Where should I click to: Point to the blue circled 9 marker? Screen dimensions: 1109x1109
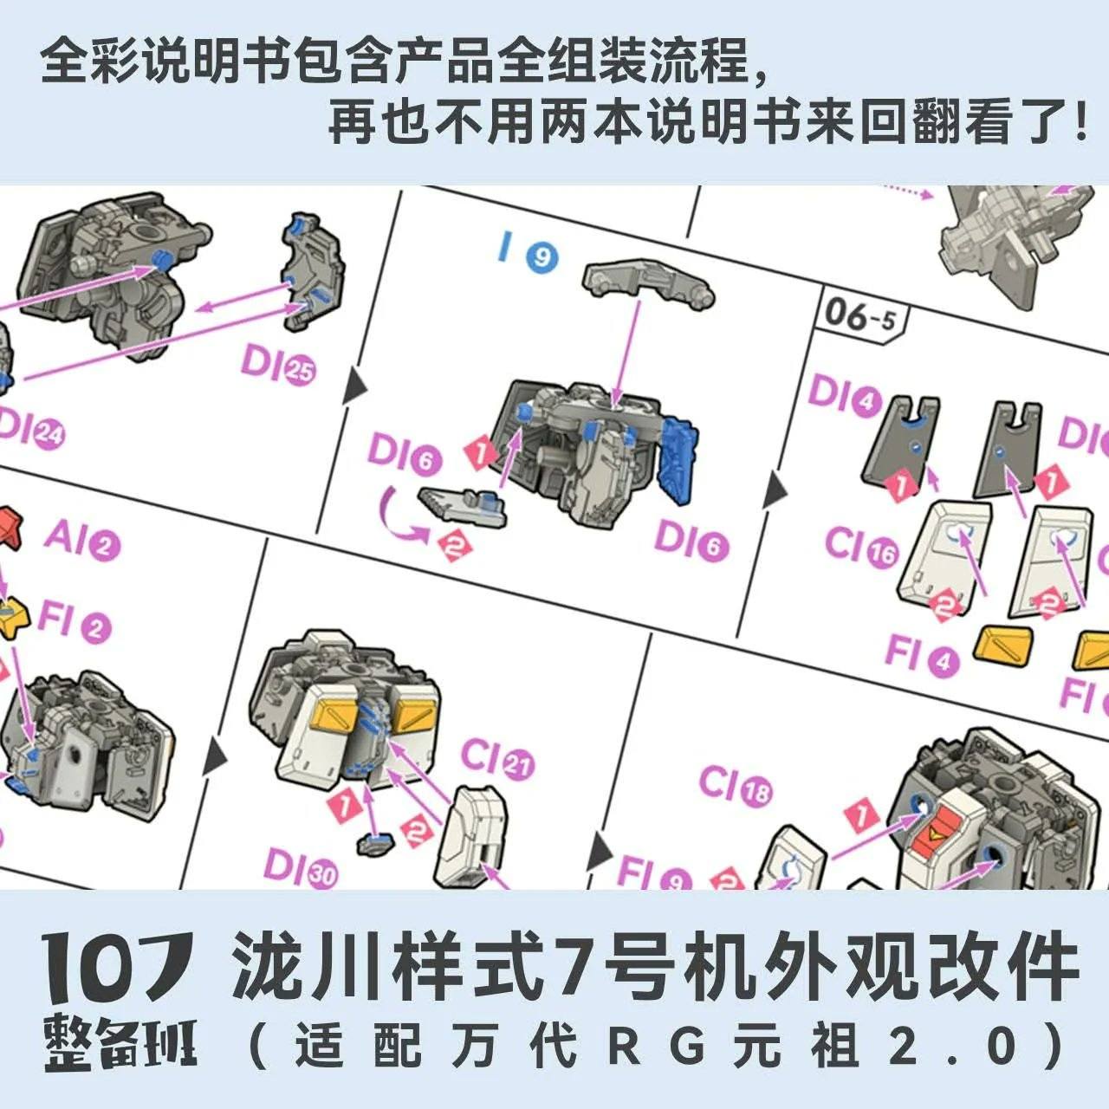(542, 257)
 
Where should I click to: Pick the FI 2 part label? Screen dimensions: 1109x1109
(74, 622)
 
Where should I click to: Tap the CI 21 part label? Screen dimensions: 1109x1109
(496, 758)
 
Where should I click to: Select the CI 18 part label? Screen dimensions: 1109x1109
(735, 786)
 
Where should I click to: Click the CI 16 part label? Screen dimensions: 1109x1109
(861, 548)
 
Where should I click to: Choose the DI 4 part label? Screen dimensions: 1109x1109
(844, 397)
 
